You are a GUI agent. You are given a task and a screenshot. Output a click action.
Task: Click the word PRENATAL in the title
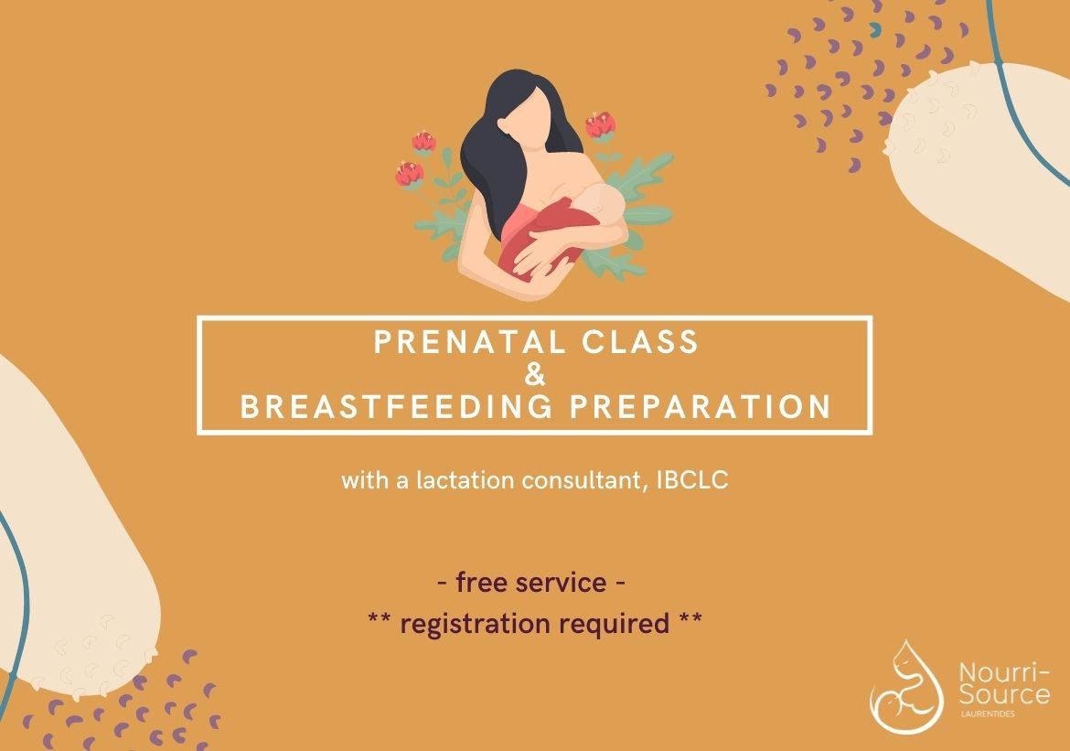coord(471,342)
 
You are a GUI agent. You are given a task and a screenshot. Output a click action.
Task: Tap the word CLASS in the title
coord(640,342)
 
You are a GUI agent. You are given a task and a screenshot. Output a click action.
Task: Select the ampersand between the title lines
coord(536,375)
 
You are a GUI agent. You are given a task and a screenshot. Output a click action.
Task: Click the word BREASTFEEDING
coord(397,406)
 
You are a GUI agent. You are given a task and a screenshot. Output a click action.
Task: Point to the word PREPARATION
coord(701,406)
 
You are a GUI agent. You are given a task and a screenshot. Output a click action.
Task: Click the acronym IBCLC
coord(692,480)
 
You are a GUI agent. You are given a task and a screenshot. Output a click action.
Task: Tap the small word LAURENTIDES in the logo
coord(988,714)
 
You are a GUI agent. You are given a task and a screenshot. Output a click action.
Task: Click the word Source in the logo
coord(1004,694)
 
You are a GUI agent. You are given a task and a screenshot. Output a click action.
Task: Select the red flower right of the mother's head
coord(601,125)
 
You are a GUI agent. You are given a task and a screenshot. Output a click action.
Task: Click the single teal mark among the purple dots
coord(874,28)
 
